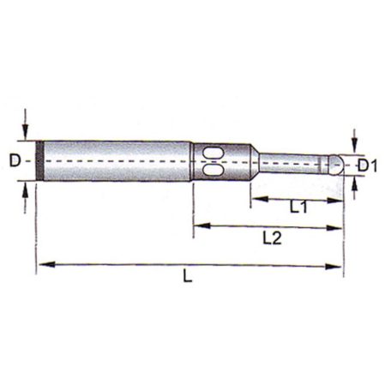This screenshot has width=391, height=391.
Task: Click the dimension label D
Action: [x=15, y=160]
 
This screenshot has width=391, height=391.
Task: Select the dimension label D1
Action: [x=368, y=165]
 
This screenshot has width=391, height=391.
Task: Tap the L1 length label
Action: [x=298, y=207]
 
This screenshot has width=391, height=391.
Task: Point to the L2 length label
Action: [x=272, y=238]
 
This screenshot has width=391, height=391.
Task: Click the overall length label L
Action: [x=188, y=276]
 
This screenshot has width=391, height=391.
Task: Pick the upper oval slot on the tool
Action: [x=213, y=153]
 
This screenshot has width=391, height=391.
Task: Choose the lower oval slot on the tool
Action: [x=213, y=170]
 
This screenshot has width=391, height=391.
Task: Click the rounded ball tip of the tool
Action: [x=336, y=165]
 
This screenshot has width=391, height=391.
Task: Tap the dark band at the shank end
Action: [x=39, y=160]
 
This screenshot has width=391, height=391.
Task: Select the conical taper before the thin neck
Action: [x=255, y=162]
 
